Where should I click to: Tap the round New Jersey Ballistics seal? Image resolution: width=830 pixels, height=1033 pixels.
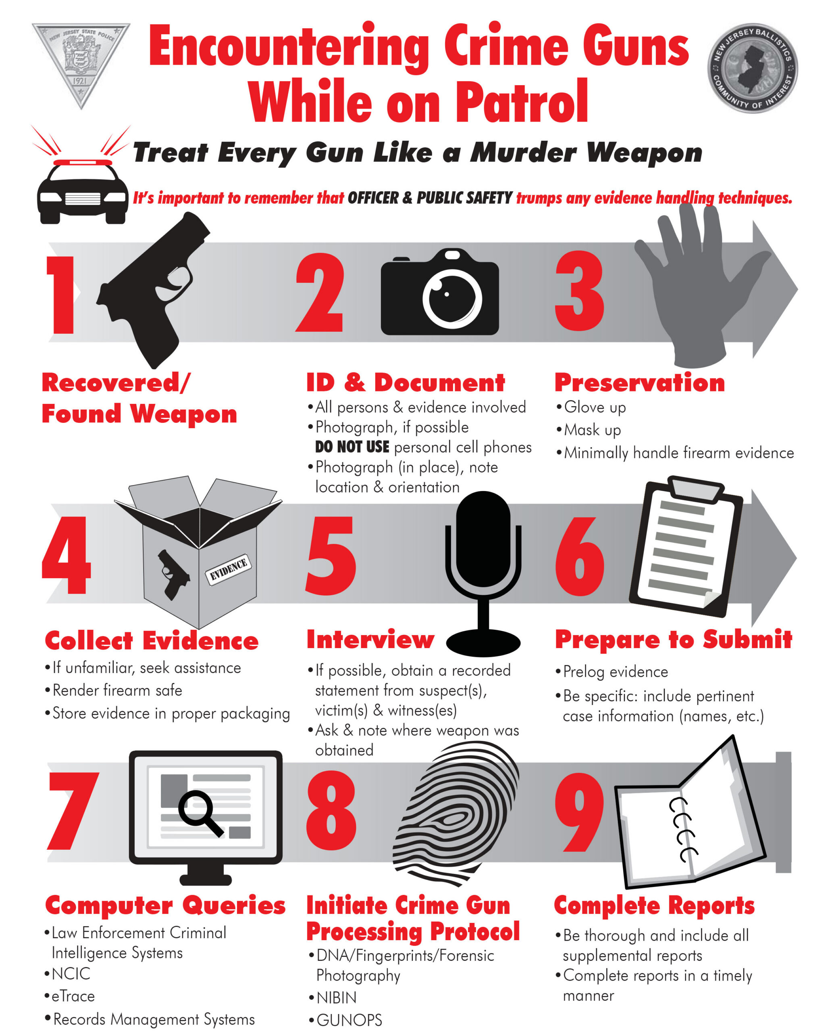753,69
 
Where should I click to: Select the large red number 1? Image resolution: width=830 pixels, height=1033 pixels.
61,295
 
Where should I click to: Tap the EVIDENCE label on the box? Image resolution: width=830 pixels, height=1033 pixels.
228,570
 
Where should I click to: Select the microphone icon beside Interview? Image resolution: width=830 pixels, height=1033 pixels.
483,573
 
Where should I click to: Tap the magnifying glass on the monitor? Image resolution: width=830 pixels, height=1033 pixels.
200,813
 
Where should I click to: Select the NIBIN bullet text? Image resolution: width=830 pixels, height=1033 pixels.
337,997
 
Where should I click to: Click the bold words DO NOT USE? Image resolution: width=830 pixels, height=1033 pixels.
352,447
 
